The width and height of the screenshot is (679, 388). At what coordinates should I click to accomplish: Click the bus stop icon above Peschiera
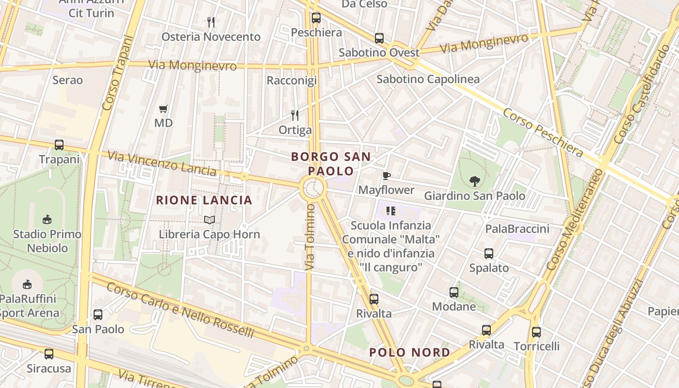tap(316, 18)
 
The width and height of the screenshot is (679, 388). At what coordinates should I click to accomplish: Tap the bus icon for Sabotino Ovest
tap(379, 38)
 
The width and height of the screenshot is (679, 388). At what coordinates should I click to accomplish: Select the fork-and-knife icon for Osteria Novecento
tap(211, 22)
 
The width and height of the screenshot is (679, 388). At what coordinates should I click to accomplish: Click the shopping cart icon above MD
tap(163, 109)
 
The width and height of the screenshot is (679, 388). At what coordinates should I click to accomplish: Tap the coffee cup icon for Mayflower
tap(387, 176)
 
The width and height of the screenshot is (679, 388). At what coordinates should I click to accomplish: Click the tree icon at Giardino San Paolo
tap(474, 181)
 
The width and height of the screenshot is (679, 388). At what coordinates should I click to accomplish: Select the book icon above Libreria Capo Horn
tap(210, 220)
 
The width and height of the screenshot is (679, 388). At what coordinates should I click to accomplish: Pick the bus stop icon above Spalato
tap(489, 253)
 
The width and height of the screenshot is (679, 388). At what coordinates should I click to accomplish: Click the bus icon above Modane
tap(454, 292)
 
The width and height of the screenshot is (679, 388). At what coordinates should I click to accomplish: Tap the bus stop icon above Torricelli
tap(536, 332)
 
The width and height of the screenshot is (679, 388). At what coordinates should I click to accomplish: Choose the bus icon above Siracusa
tap(49, 354)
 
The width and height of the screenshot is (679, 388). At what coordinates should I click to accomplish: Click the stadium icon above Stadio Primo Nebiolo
tap(47, 220)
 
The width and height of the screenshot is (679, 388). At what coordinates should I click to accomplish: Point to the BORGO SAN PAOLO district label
tap(331, 164)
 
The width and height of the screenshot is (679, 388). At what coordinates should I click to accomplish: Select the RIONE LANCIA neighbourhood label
tap(204, 200)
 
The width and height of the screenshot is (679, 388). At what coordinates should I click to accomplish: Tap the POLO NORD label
tap(410, 353)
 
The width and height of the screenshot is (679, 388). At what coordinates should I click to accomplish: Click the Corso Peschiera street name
tap(543, 132)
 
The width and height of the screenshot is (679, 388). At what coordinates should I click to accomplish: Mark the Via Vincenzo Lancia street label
tap(162, 163)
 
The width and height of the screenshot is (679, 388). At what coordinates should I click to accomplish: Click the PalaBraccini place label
tap(517, 229)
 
